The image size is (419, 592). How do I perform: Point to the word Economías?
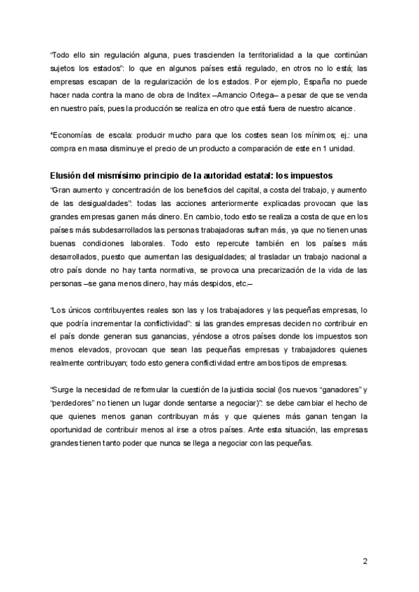click(74, 135)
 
